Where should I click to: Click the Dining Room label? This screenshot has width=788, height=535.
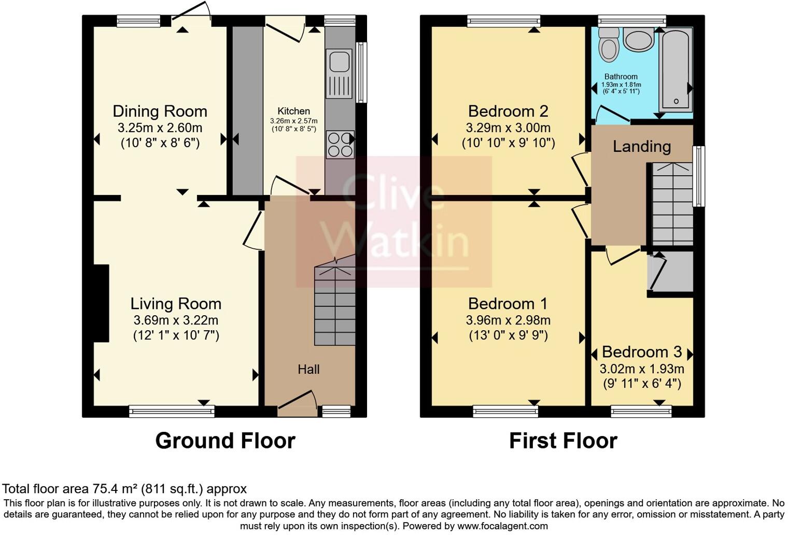click(160, 111)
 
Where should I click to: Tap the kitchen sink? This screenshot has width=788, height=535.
click(339, 61)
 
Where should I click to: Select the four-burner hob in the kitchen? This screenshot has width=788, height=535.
click(340, 144)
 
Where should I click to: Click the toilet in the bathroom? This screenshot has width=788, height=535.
click(609, 45)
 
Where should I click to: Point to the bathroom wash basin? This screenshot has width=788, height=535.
click(638, 39)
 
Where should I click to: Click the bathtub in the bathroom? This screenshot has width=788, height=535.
click(676, 70)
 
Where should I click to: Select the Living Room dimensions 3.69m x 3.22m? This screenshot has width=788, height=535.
click(176, 320)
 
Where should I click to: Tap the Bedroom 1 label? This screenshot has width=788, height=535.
click(508, 303)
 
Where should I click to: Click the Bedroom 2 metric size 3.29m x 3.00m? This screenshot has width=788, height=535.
click(508, 128)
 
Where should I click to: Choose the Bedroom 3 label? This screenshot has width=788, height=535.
click(641, 352)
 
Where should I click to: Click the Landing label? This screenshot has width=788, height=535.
click(641, 147)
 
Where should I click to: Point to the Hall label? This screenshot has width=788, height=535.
click(308, 369)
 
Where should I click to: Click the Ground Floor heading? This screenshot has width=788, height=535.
click(225, 441)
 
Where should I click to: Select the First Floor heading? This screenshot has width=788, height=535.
click(563, 441)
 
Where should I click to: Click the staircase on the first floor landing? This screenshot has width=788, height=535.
click(672, 203)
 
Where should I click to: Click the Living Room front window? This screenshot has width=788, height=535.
click(172, 412)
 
